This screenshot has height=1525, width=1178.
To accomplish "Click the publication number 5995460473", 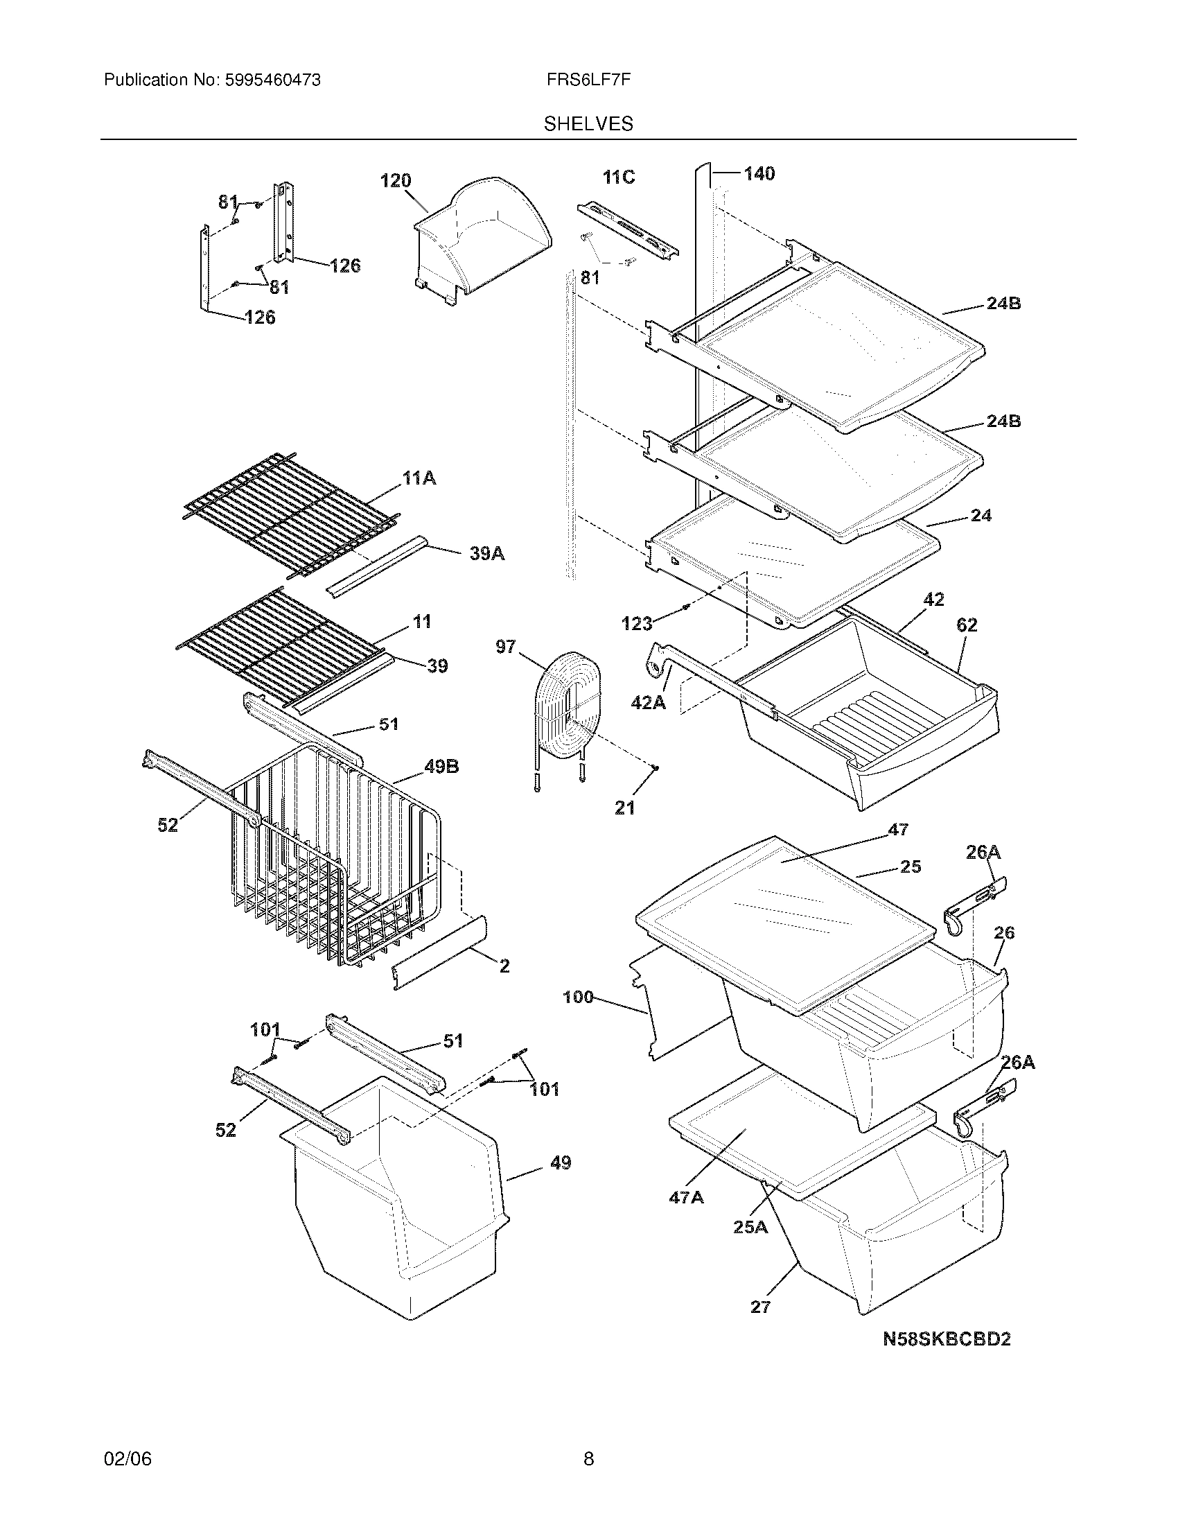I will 272,80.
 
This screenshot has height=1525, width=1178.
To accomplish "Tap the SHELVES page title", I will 588,124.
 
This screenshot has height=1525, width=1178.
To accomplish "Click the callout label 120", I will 395,181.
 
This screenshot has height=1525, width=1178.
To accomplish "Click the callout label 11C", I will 619,177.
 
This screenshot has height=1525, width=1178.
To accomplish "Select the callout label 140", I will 759,173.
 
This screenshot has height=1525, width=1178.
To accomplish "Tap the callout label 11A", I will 419,478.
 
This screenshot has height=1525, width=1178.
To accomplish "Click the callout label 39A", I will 486,555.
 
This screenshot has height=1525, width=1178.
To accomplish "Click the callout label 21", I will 624,808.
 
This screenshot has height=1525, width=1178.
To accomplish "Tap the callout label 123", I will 636,624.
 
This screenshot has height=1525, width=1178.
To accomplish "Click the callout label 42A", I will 648,703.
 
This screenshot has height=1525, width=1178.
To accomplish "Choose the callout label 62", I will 967,625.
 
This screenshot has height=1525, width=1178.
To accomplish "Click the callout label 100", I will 578,997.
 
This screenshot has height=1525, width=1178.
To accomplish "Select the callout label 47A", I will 686,1198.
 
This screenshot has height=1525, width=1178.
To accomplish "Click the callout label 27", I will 760,1307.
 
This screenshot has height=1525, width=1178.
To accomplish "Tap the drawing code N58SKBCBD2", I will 947,1339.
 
